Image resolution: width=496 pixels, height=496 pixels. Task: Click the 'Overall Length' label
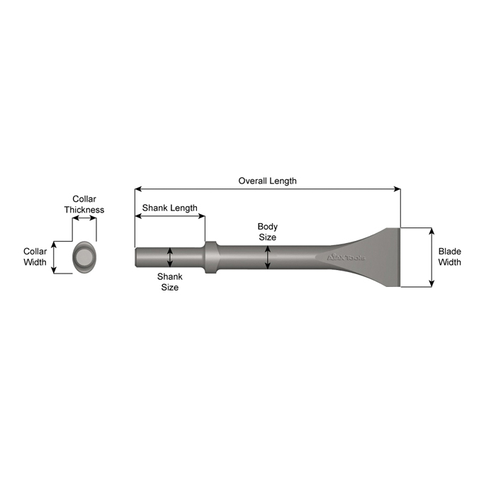(x=267, y=181)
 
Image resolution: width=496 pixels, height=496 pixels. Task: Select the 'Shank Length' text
(x=169, y=208)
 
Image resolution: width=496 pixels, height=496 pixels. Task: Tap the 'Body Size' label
(x=267, y=232)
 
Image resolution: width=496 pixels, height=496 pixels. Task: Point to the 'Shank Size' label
(x=169, y=282)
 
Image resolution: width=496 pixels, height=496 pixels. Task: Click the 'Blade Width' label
(x=449, y=257)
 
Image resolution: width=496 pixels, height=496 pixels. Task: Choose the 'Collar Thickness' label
(x=84, y=205)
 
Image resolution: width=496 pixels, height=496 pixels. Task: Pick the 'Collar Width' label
(x=35, y=257)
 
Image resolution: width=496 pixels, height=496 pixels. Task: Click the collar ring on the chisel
(x=210, y=257)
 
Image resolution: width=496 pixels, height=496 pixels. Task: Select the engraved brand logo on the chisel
(x=346, y=257)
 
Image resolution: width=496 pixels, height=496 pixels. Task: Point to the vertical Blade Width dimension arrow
(x=432, y=257)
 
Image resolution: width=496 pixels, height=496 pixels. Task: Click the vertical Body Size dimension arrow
(x=267, y=257)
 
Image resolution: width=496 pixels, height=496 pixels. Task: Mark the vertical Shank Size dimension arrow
(x=170, y=257)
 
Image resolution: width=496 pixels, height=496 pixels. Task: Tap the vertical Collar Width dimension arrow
(x=54, y=257)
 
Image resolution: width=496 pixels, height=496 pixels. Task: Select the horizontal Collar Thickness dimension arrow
(x=85, y=219)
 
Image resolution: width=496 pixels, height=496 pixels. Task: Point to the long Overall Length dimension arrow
(x=267, y=189)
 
